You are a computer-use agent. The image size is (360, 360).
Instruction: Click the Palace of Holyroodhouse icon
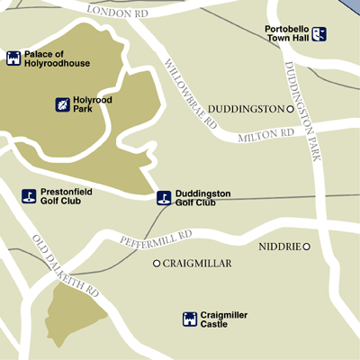(13, 58)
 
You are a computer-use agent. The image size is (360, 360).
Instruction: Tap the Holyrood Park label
(94, 104)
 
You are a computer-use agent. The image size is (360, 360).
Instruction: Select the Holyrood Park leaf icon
(63, 104)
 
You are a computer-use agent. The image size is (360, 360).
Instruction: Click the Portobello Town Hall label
(288, 34)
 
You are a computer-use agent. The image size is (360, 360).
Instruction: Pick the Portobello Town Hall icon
(319, 34)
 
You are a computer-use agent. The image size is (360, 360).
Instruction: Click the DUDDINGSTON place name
(245, 109)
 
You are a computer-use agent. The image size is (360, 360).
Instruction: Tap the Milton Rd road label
(266, 135)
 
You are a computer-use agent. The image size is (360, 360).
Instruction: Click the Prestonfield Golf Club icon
(29, 196)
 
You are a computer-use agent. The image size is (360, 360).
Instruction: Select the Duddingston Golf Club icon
(163, 197)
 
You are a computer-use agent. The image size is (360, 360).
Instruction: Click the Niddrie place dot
(306, 247)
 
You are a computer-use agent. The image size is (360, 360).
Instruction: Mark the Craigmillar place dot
(157, 264)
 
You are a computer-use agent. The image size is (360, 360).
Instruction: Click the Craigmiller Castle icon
(190, 319)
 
